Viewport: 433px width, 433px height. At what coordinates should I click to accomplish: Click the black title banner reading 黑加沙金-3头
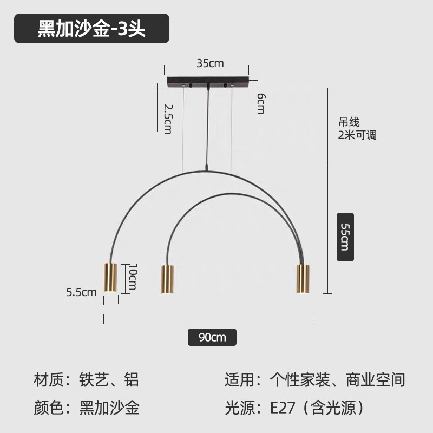91,29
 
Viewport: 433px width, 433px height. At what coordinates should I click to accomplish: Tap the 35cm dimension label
210,63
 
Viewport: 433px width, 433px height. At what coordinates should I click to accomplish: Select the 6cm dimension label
260,103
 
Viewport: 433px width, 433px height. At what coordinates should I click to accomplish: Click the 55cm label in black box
345,236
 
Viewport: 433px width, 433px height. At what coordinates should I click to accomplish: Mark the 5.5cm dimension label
81,292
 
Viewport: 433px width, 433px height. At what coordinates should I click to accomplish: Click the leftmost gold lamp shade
110,278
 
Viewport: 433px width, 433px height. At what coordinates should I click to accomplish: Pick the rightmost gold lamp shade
301,279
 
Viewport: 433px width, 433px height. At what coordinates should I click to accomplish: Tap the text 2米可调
357,135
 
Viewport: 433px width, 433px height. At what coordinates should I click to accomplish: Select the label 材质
47,379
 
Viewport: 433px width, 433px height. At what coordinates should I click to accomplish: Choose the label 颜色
47,408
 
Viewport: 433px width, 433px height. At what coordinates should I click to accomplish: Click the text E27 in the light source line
284,408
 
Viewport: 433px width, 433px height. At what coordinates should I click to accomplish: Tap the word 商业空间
382,379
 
